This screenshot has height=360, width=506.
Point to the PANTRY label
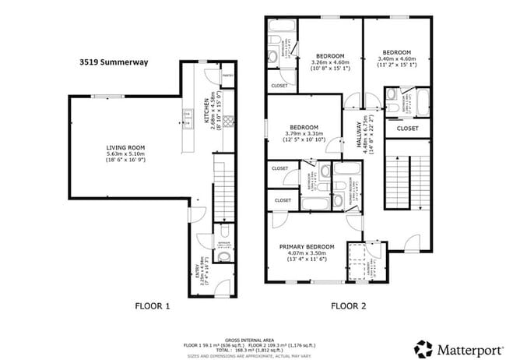228,76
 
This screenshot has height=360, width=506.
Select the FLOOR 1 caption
153,305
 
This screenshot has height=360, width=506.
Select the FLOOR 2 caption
348,305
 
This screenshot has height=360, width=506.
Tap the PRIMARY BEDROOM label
307,247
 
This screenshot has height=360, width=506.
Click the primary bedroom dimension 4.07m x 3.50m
307,254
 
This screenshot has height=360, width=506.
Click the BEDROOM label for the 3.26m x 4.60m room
330,56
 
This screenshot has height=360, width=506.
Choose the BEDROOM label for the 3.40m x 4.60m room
398,51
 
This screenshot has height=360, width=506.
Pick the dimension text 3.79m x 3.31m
304,135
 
